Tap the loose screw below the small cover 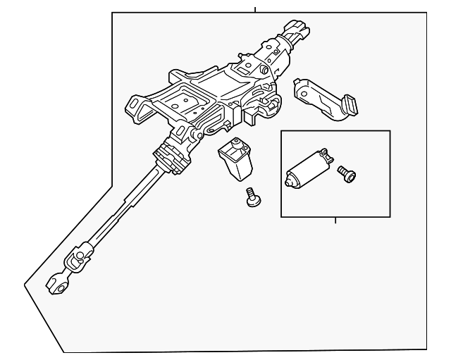(x=252, y=199)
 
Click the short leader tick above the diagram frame (x=255, y=9)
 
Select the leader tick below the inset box (x=335, y=221)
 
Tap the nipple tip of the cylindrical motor (x=289, y=182)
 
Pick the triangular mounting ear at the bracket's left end (x=134, y=107)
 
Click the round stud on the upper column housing (x=263, y=70)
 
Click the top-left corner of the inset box (x=281, y=131)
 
